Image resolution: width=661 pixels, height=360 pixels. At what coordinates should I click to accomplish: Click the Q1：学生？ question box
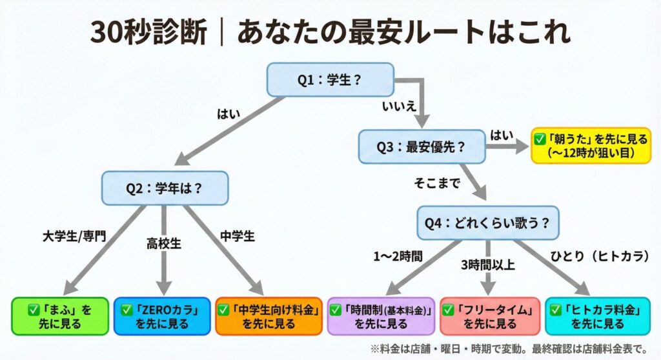(x=330, y=79)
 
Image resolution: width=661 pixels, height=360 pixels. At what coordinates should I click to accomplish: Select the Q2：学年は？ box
(x=165, y=188)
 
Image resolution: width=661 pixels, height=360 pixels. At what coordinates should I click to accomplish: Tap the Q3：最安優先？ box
(x=422, y=146)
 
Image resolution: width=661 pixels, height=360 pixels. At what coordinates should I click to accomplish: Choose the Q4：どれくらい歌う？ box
(x=488, y=223)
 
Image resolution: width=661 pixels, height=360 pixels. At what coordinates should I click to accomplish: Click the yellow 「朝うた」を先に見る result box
(x=591, y=145)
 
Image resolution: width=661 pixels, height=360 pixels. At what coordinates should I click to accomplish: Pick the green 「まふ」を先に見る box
(x=60, y=316)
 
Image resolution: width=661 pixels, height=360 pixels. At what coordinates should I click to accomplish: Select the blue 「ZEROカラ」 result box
(x=162, y=316)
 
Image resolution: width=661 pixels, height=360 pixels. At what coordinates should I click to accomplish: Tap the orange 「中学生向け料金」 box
(x=269, y=316)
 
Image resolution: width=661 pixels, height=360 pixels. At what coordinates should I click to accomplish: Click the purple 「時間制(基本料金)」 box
(x=381, y=316)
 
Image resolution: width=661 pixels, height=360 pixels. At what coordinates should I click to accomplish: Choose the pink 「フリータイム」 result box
(x=490, y=316)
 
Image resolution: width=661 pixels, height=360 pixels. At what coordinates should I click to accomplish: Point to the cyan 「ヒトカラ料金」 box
(x=598, y=316)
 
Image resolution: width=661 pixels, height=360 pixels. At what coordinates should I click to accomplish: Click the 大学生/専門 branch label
(x=74, y=236)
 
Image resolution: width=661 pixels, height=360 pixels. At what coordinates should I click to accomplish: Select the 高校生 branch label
(x=164, y=244)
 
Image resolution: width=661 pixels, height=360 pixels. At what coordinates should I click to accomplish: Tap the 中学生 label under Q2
(x=238, y=236)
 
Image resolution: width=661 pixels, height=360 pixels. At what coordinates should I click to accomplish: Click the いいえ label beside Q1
(x=399, y=106)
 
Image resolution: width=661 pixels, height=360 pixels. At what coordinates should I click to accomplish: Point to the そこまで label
(x=437, y=183)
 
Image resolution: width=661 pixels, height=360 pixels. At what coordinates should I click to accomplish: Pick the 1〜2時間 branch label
(x=398, y=256)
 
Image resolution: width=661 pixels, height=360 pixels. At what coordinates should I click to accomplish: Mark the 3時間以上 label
(x=488, y=265)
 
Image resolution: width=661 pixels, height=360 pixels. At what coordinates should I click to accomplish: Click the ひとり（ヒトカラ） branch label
(x=600, y=256)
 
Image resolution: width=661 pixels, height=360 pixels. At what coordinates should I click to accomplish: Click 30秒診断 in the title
(x=149, y=32)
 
